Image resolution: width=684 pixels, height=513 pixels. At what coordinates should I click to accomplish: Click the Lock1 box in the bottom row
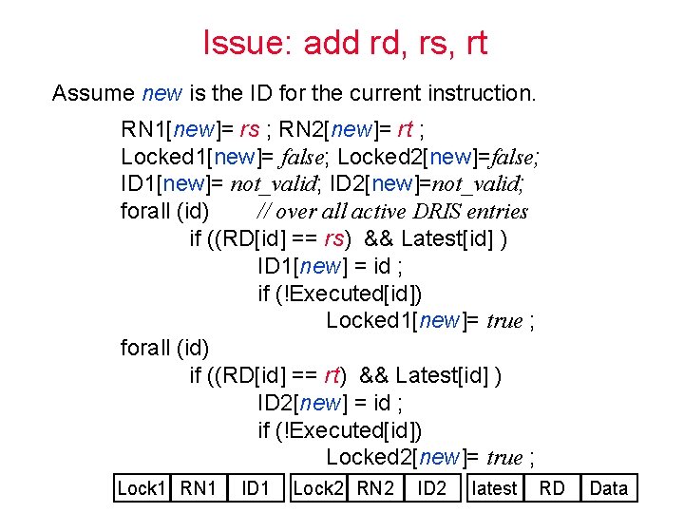coord(142,488)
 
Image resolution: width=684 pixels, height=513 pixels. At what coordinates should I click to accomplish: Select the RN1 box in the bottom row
coord(199,488)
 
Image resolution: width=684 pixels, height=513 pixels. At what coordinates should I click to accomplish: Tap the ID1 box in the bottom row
coord(256,488)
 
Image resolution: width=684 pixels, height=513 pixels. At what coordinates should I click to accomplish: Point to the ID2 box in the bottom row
coord(432,488)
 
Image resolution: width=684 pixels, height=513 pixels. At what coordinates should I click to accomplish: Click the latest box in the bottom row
coord(494,488)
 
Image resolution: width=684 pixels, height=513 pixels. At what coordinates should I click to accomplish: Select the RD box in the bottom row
coord(552,488)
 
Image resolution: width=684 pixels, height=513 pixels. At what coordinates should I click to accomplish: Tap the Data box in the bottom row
coord(609,488)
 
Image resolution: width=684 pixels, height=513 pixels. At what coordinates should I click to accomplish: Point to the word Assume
coord(92,93)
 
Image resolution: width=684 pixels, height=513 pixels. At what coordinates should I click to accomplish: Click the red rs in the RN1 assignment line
coord(249,129)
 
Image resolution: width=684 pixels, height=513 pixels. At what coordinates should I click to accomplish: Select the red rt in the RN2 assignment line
coord(405,129)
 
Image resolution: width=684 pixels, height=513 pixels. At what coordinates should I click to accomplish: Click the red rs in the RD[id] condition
coord(334,238)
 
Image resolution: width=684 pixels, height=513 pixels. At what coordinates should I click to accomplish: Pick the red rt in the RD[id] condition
coord(333,375)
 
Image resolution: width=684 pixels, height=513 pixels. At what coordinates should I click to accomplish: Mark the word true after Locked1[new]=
coord(504,321)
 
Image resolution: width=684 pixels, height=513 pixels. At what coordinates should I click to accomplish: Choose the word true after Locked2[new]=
coord(504,458)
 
